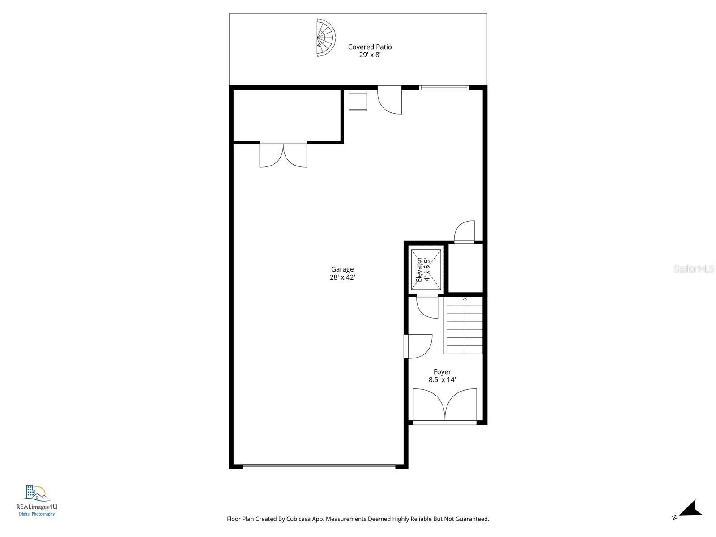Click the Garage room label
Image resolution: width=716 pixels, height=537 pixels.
coord(342,269)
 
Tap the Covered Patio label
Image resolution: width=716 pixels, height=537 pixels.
coord(370,47)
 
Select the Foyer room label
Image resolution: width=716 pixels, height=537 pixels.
coord(442,372)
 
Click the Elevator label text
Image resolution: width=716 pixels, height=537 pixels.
coord(419,269)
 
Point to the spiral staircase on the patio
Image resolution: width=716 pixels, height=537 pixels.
coord(325,38)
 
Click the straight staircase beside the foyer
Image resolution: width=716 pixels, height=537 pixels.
coord(465,327)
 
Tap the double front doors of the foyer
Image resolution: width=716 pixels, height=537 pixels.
coord(445,405)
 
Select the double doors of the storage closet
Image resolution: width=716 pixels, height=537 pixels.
coord(283,155)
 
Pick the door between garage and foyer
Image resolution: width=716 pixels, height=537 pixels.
coord(417,346)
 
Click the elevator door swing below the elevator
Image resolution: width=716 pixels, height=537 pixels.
coord(427,307)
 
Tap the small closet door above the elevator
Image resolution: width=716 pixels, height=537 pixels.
coord(465,232)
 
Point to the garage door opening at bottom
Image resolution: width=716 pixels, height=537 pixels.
coord(319,466)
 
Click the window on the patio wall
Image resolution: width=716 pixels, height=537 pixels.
coord(444,88)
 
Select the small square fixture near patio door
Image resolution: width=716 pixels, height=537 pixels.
coord(358,102)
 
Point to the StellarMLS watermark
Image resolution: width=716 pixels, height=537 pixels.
coord(693,269)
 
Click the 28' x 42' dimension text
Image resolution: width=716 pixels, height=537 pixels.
coord(342,277)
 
